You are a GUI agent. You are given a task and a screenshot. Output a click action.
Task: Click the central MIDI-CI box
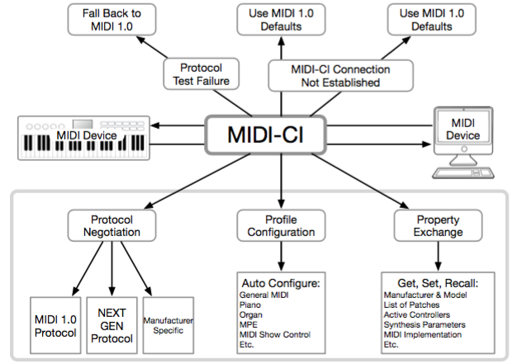265,135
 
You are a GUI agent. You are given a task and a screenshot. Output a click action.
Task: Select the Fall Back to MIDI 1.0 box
112,20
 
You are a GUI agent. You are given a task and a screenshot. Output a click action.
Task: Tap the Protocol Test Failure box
201,74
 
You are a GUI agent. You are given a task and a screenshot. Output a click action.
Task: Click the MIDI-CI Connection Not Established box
340,76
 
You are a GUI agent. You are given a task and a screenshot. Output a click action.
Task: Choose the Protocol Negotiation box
112,225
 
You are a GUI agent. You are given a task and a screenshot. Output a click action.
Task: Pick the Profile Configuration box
281,225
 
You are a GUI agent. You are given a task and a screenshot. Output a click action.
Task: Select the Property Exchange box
438,225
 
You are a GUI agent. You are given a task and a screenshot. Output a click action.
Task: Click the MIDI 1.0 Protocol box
55,325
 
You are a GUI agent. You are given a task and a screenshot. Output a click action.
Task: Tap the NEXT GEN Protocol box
112,325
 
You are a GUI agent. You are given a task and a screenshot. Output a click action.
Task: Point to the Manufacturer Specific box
168,325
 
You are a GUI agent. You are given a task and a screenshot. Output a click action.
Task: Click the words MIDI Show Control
275,334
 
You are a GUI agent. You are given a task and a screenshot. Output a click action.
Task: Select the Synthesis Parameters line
425,324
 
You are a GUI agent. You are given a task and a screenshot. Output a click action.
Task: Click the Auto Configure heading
281,283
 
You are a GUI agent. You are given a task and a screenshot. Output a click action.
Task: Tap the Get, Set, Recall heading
438,283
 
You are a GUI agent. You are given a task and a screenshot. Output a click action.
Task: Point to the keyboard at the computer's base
463,173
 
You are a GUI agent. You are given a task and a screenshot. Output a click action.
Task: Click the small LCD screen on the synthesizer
83,124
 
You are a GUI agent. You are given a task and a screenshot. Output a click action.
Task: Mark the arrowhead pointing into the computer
426,144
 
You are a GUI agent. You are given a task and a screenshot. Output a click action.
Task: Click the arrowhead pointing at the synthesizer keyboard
155,125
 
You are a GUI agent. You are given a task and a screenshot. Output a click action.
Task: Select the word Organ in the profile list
251,314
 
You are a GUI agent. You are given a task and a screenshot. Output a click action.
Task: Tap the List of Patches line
411,305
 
